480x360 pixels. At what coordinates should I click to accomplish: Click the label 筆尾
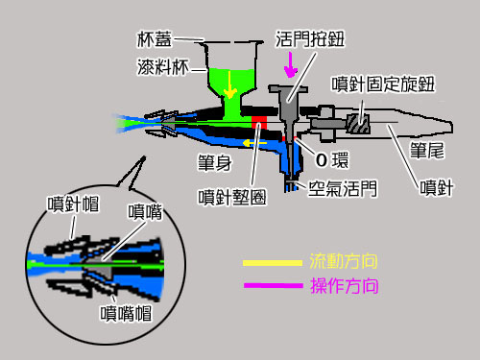click(x=425, y=151)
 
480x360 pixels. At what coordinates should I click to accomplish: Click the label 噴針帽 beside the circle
click(x=68, y=203)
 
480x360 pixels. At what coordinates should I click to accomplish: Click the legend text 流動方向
click(x=340, y=261)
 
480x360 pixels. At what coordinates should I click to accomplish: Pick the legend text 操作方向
click(x=340, y=285)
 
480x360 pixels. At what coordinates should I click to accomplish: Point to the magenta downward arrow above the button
click(x=290, y=64)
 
